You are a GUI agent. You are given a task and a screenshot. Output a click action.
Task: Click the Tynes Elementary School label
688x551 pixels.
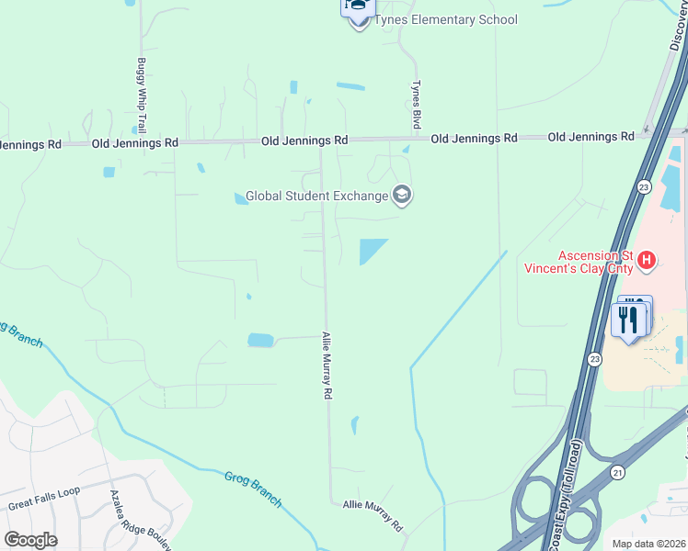(446, 20)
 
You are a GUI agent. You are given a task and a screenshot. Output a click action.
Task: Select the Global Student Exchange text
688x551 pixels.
(316, 197)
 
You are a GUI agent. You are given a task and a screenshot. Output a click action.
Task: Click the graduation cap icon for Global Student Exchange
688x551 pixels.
(402, 195)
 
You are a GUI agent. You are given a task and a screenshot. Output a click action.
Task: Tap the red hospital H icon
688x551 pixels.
(648, 261)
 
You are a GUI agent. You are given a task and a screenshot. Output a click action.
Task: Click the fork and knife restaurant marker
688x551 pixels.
(628, 320)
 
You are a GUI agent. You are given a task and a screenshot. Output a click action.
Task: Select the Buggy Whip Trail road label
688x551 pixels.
(142, 95)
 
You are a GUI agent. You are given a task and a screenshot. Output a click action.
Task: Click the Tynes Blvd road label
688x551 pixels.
(416, 103)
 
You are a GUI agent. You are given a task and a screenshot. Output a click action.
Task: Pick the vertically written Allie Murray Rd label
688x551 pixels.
(327, 365)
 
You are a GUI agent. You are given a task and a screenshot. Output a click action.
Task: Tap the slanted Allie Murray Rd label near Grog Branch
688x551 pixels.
(373, 514)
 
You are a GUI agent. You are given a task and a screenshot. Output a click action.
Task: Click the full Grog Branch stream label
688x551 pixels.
(253, 489)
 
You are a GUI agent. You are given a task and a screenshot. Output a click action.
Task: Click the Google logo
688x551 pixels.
(30, 540)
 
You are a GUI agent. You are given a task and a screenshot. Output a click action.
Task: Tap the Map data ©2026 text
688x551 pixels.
(648, 543)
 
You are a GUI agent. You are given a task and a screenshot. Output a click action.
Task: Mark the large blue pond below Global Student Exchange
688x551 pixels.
(371, 249)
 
